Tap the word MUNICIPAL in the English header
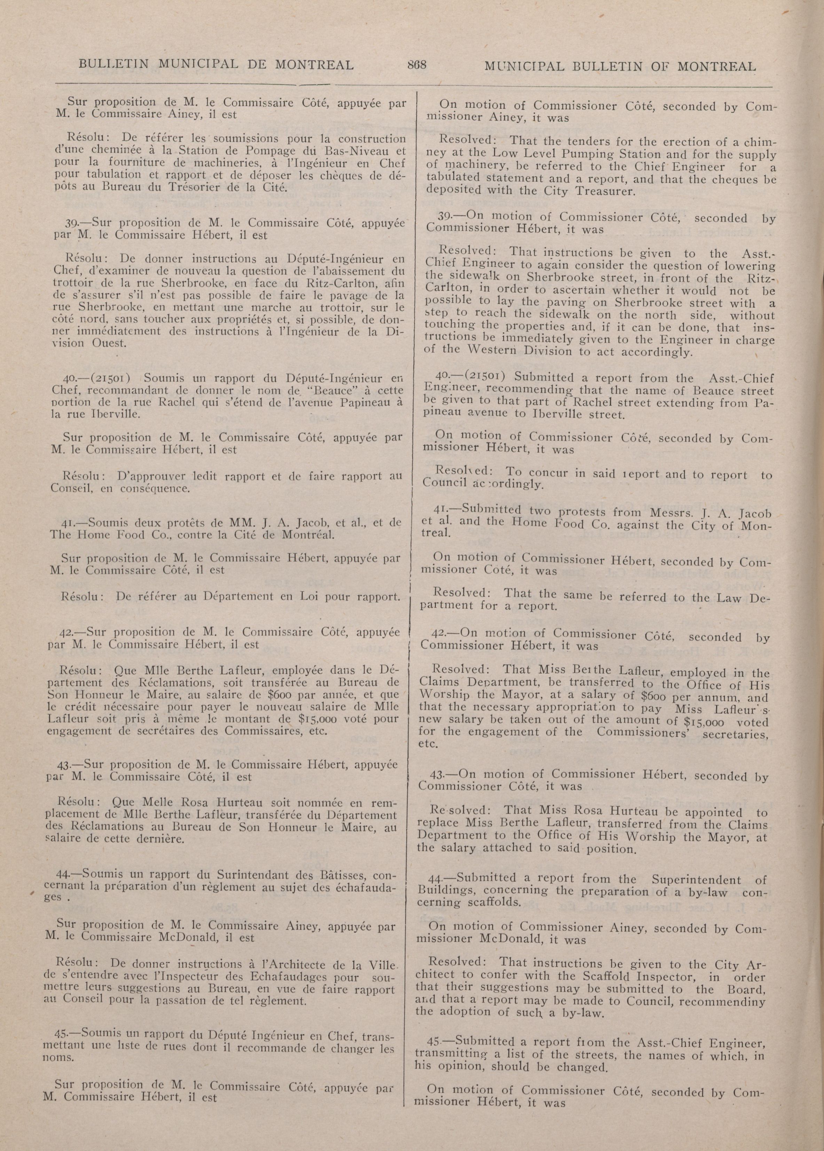coord(537,67)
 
